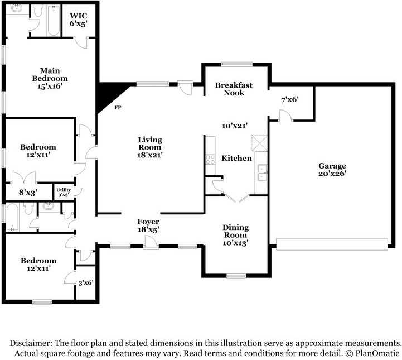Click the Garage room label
(x=332, y=166)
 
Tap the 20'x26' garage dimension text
(x=332, y=174)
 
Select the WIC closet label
(x=79, y=16)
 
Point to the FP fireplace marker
(x=118, y=108)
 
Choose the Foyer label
(x=148, y=222)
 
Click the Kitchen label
(x=236, y=158)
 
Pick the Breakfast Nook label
(x=234, y=89)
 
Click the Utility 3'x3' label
(x=64, y=192)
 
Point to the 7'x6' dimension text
(x=290, y=99)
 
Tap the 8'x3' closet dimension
(x=28, y=192)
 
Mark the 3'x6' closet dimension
(x=86, y=283)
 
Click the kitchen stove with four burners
(x=210, y=159)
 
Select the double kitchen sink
(x=262, y=172)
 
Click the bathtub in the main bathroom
(x=54, y=21)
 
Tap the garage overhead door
(x=332, y=244)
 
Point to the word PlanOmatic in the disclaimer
(x=377, y=353)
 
